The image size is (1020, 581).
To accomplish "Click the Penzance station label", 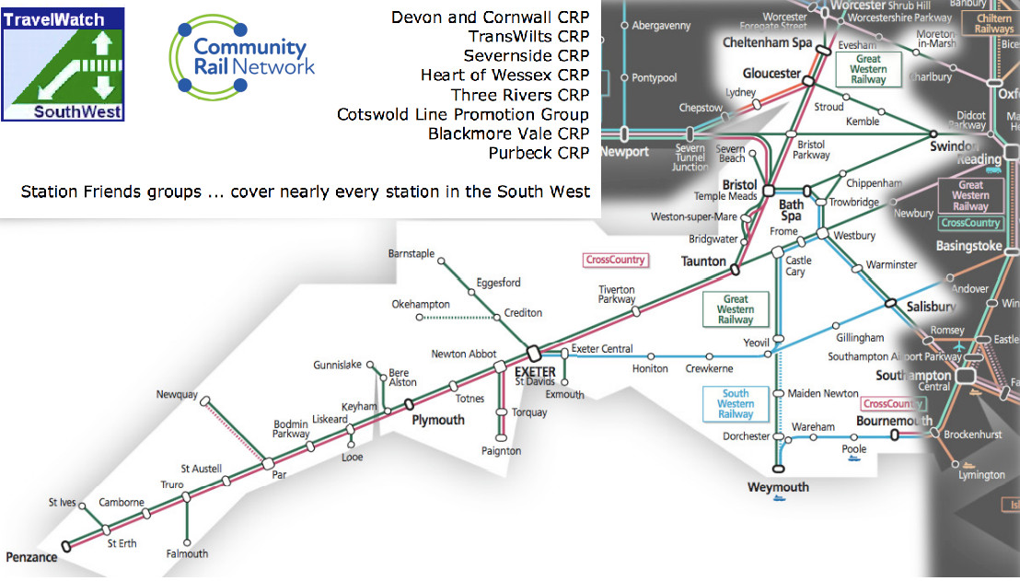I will pos(31,558).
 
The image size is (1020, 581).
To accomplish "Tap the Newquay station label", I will pos(177,395).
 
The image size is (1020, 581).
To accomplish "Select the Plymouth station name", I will pos(438,420).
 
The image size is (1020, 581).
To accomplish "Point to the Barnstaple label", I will pos(411,254).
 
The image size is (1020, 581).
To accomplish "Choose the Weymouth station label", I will pos(778,487).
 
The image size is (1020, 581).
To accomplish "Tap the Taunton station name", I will pos(703,261).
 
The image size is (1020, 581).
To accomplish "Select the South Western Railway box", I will pos(736,403).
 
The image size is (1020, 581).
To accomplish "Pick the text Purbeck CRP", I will pos(539,153).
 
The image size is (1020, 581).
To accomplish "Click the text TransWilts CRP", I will pos(528,37).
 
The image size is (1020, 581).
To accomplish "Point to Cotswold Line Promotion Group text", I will pos(463,114).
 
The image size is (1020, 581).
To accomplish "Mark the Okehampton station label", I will pos(421,305).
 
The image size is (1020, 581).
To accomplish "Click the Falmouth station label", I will pos(187,554).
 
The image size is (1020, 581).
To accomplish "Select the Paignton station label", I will pos(501,451).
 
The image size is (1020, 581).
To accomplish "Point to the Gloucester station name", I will pos(771,75).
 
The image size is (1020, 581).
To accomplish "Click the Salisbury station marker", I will pos(891,303).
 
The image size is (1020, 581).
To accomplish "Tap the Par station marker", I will pos(267,464).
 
